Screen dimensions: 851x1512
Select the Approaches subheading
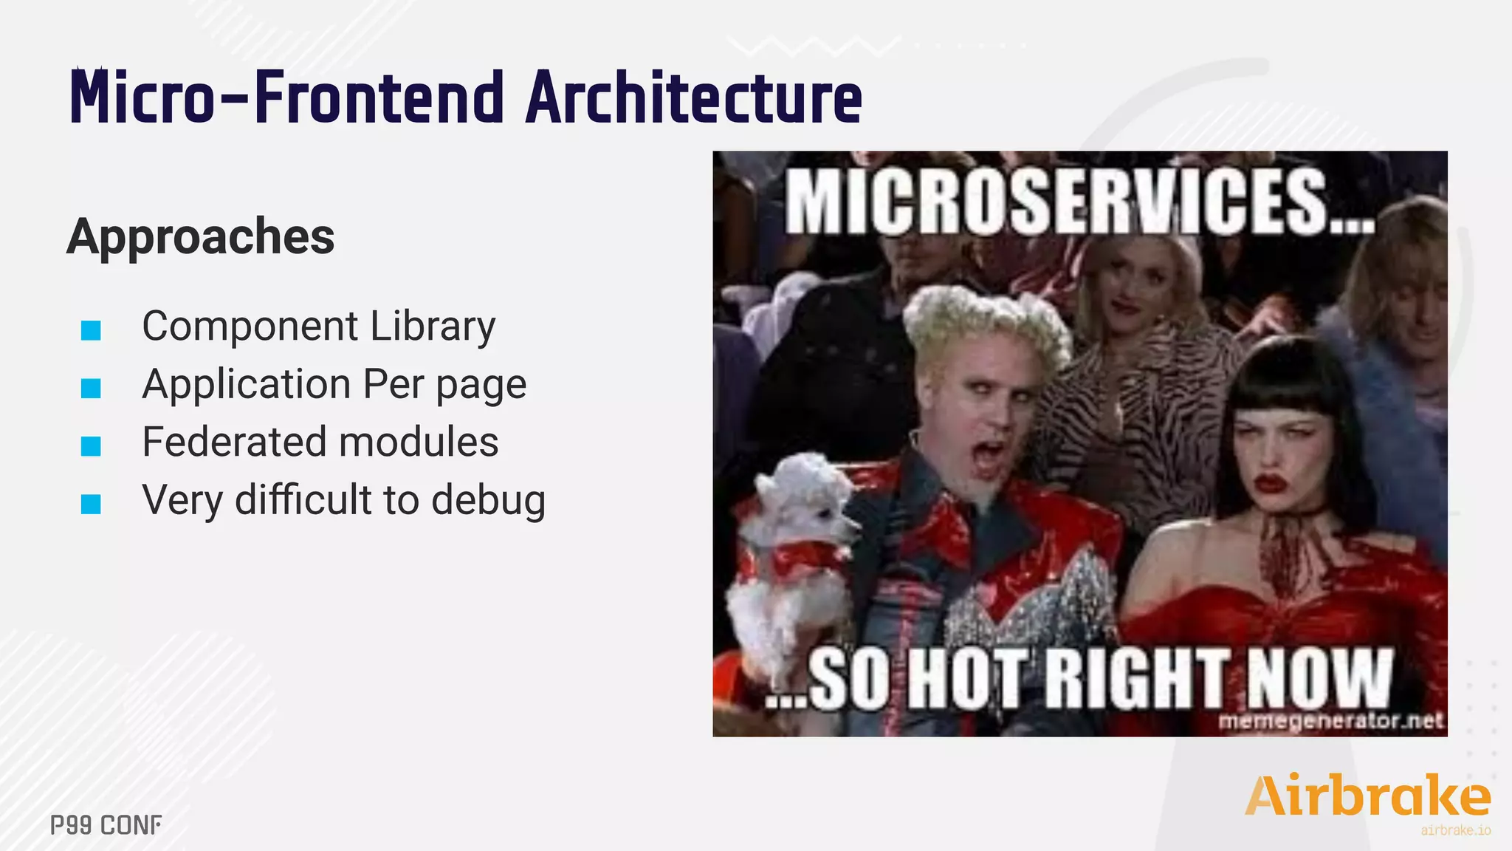201,236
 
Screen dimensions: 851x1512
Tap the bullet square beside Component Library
91,330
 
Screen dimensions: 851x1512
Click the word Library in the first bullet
433,327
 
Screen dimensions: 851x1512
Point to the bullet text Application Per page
334,385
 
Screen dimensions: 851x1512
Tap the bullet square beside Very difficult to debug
91,504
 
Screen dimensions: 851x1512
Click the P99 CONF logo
106,825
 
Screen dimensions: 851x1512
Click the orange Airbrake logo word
1367,796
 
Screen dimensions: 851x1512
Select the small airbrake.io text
1455,830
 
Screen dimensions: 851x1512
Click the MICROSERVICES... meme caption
1079,202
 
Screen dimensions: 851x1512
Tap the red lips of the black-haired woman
1271,484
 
